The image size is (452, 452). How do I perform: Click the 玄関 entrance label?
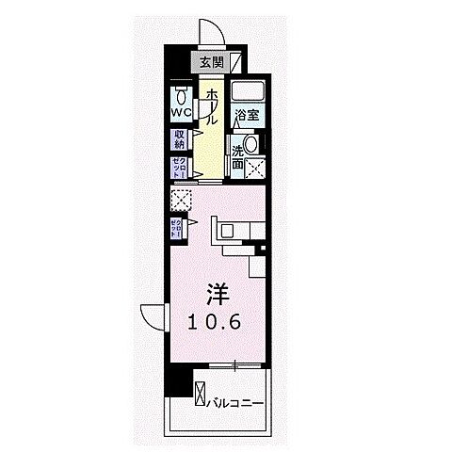pos(212,63)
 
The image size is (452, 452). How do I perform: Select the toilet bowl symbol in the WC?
pos(181,95)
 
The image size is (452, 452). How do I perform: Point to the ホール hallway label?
pos(214,107)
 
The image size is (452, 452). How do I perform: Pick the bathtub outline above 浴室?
pos(249,92)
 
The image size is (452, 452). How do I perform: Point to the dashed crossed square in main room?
pos(181,200)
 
